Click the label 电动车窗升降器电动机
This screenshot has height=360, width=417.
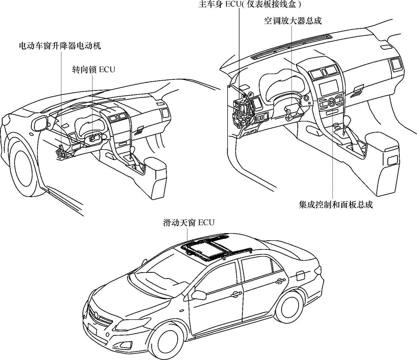[60, 46]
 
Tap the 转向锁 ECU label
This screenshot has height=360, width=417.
[93, 69]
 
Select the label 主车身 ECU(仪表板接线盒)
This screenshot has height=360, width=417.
[250, 4]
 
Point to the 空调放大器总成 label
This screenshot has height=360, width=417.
[293, 21]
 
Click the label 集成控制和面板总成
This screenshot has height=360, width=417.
[336, 205]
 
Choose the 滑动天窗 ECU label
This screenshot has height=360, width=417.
[189, 222]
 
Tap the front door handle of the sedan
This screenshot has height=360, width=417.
[237, 293]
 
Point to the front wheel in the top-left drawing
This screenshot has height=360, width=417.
[26, 169]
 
